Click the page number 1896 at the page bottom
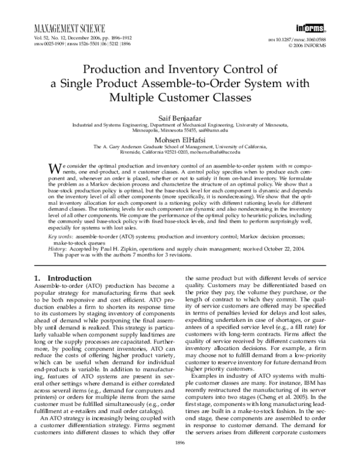pyautogui.click(x=180, y=459)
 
